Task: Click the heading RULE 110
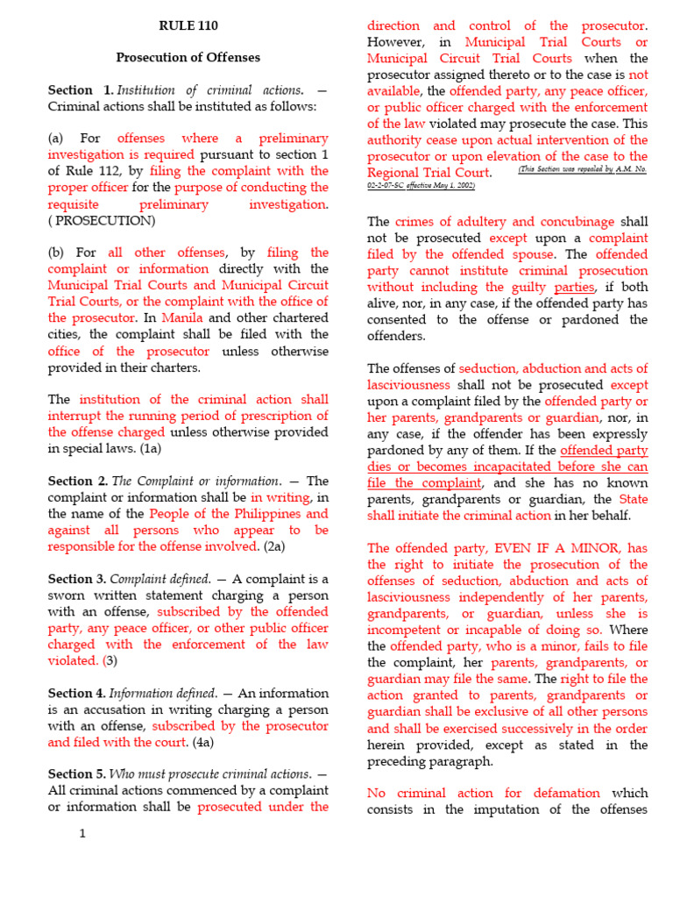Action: click(188, 25)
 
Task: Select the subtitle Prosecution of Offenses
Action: click(188, 58)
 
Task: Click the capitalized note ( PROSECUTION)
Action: click(102, 220)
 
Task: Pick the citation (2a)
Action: click(274, 546)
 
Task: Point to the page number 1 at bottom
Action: click(82, 833)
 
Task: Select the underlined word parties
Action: click(574, 287)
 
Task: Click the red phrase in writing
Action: click(281, 497)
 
